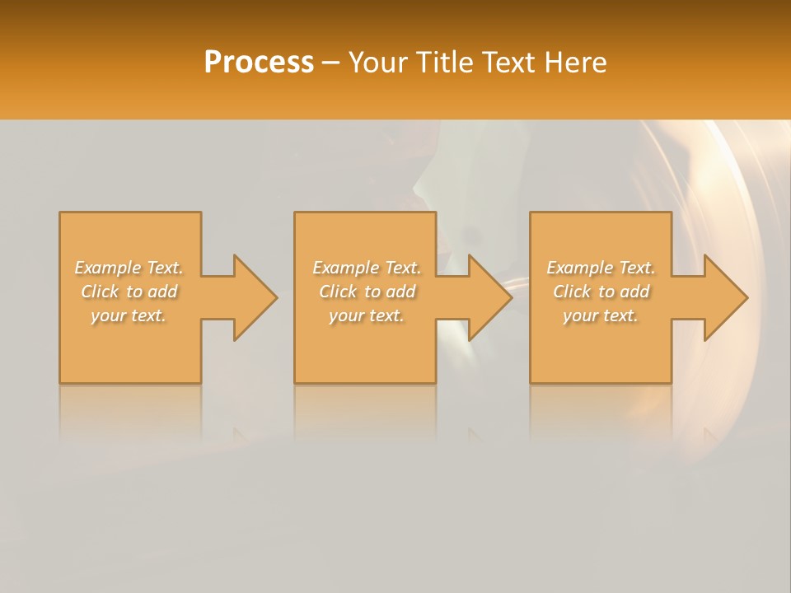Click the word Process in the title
(259, 63)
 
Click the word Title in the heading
(442, 63)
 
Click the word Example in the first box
(108, 268)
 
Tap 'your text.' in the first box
(129, 315)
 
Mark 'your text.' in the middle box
(367, 315)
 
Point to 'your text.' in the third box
(601, 315)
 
